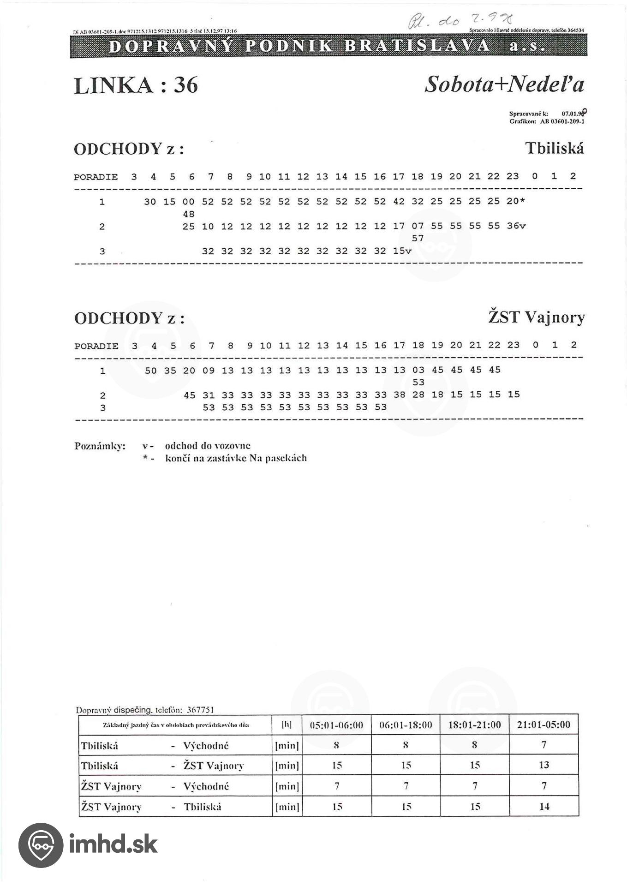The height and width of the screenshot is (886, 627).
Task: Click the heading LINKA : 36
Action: (136, 85)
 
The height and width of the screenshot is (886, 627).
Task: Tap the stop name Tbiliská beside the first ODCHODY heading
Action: (554, 149)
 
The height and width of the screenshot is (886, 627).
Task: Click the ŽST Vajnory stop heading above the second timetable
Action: (536, 317)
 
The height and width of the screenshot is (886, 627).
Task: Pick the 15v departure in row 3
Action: (402, 251)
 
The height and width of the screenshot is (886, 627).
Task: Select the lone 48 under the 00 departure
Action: (189, 214)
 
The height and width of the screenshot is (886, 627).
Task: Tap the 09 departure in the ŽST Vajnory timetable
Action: (209, 371)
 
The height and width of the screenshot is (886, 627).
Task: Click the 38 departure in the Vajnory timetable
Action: (399, 395)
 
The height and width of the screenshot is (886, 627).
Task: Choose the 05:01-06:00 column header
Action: (336, 725)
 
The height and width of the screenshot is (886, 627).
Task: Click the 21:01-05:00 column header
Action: (543, 724)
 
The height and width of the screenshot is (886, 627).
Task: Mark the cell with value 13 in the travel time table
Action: (543, 765)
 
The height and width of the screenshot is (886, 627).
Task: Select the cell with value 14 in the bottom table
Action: (544, 806)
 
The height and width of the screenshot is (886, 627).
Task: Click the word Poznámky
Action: (100, 446)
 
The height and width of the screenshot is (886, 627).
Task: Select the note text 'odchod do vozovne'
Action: (208, 446)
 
